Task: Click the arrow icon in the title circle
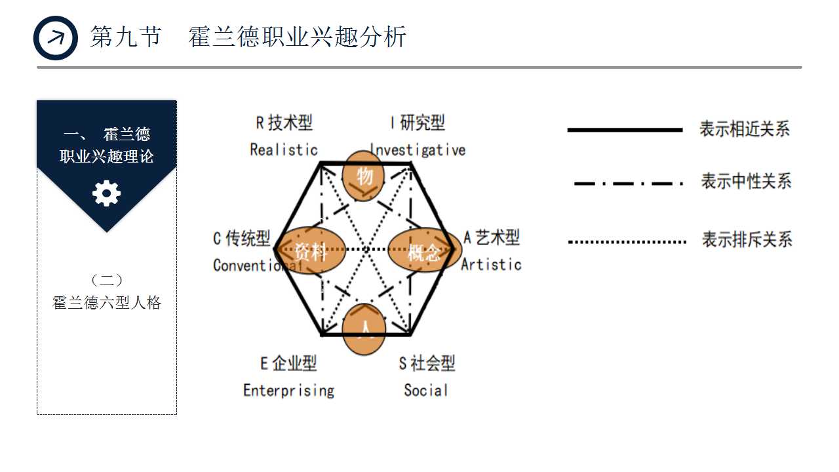pos(56,38)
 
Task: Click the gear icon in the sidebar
pos(107,194)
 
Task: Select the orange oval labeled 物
pos(364,175)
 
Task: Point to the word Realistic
pos(284,149)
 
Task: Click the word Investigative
pos(418,149)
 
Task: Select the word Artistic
pos(491,264)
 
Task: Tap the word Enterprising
pos(288,391)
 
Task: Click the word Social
pos(425,391)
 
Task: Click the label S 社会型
pos(427,363)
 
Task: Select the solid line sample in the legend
pos(625,130)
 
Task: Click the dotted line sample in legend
pos(626,242)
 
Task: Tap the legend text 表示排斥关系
pos(747,239)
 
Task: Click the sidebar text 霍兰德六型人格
pos(107,303)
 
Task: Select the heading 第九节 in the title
pos(125,37)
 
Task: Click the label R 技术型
pos(284,123)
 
